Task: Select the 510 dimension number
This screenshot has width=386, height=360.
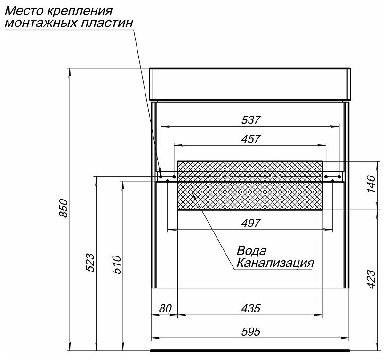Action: [117, 264]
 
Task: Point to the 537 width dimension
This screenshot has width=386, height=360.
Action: [250, 120]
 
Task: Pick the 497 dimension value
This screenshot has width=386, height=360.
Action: [250, 224]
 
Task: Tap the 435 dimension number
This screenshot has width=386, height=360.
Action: [250, 309]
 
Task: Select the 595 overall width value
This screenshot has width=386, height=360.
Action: [250, 331]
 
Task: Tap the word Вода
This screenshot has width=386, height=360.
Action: [251, 250]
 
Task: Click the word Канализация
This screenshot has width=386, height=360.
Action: [275, 262]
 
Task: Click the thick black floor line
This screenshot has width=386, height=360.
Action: [250, 351]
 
